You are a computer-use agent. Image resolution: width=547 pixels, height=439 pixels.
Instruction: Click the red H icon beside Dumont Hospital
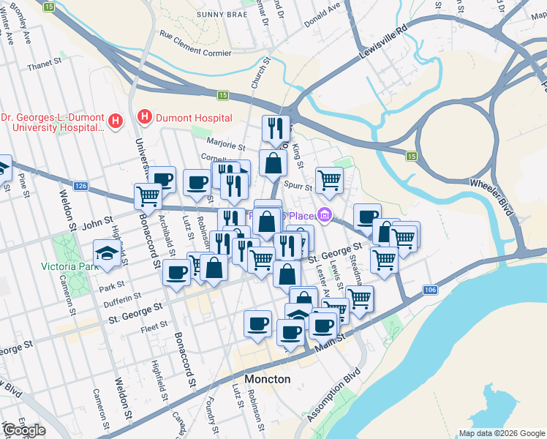pos(145,117)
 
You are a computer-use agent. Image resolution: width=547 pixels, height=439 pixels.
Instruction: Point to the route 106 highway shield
pos(430,290)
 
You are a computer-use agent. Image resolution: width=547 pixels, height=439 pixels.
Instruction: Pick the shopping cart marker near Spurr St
pos(329,179)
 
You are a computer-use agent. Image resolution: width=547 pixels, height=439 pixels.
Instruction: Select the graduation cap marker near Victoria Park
pos(107,254)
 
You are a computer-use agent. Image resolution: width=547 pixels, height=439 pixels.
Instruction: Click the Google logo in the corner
pos(23,430)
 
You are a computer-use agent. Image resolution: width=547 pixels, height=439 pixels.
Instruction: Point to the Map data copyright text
pos(502,433)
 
